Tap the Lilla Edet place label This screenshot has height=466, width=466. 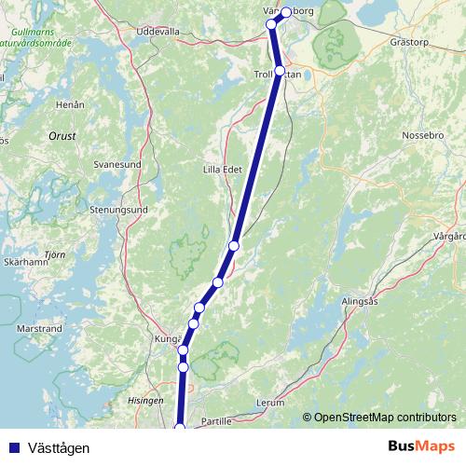click(x=222, y=170)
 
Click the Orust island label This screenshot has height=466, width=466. click(x=62, y=136)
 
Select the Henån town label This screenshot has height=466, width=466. click(x=70, y=105)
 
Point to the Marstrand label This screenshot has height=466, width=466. click(x=40, y=329)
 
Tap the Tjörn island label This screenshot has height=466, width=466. click(x=55, y=254)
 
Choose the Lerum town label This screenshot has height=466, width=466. click(x=269, y=404)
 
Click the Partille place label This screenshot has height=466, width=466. click(x=216, y=420)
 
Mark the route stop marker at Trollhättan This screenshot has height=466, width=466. click(x=280, y=71)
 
